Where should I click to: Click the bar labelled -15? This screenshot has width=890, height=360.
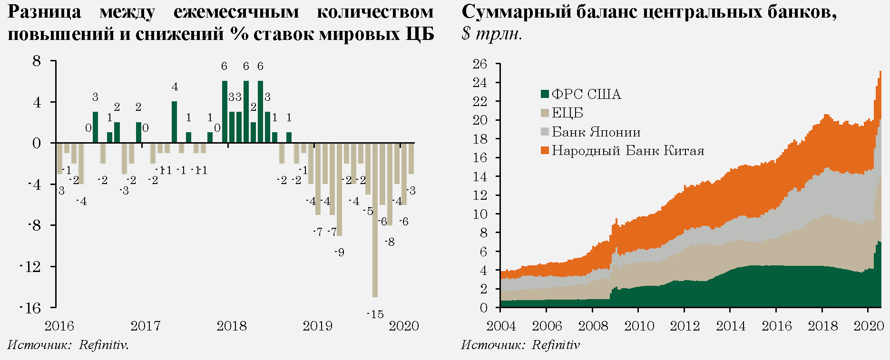pyautogui.click(x=375, y=220)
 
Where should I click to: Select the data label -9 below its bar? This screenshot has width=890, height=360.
pyautogui.click(x=339, y=253)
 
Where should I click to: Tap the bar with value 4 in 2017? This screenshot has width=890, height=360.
pyautogui.click(x=174, y=122)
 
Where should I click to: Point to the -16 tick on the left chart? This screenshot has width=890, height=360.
pyautogui.click(x=31, y=308)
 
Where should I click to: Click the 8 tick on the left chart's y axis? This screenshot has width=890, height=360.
pyautogui.click(x=37, y=61)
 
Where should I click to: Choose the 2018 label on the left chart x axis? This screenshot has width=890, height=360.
pyautogui.click(x=232, y=326)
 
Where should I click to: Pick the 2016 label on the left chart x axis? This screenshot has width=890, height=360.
pyautogui.click(x=59, y=326)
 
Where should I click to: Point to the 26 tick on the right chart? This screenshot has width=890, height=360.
pyautogui.click(x=480, y=64)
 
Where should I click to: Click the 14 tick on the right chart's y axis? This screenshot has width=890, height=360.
pyautogui.click(x=480, y=176)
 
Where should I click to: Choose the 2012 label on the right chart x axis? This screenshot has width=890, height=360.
pyautogui.click(x=684, y=326)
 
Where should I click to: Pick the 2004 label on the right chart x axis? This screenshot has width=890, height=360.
pyautogui.click(x=501, y=326)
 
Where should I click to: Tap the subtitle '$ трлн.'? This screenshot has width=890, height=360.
pyautogui.click(x=491, y=34)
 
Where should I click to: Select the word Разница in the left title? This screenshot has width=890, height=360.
pyautogui.click(x=44, y=12)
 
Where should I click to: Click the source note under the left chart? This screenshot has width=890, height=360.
pyautogui.click(x=68, y=345)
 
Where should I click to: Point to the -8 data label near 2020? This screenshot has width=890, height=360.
pyautogui.click(x=390, y=243)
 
